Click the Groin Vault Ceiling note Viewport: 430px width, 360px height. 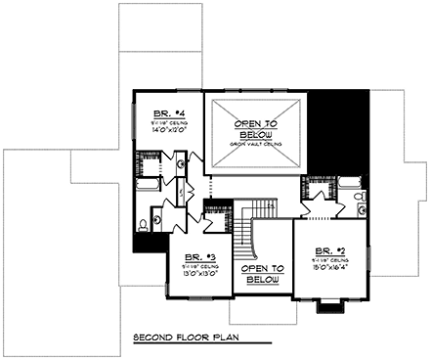(256, 143)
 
